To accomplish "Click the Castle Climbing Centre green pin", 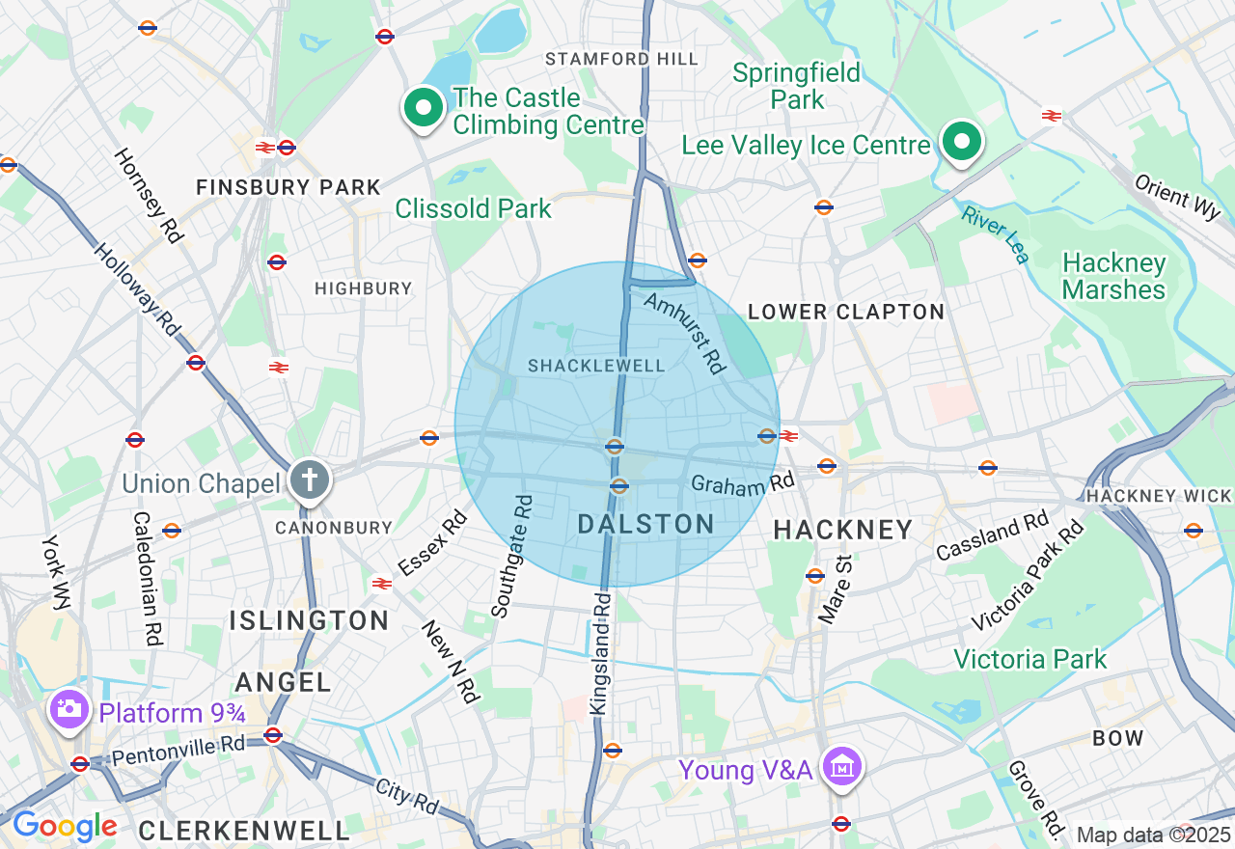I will pos(423,107).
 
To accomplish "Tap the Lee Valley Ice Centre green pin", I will pos(961,143).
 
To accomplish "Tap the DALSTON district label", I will pos(645,525).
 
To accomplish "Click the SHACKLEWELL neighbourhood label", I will pos(596,366).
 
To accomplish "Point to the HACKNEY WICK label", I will pos(1159,496).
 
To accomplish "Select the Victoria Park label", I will pos(1030,659).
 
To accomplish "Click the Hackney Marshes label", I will pos(1113,276).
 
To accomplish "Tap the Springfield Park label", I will pos(797,86).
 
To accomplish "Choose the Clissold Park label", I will pos(473,208).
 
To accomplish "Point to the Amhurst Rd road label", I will pos(683,333).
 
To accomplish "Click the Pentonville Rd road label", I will pos(178,749).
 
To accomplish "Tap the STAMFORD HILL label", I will pos(621,59).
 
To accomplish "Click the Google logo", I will pos(64,826).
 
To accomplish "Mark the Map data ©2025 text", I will pos(1153,835).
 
